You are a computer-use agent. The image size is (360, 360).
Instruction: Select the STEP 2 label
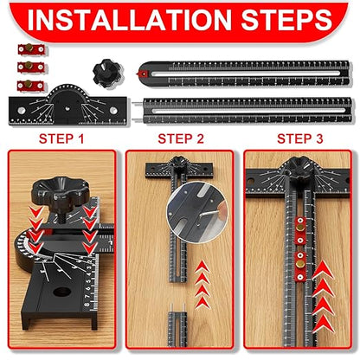coord(180,137)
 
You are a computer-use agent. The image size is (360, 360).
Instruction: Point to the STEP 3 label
coord(299,137)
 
